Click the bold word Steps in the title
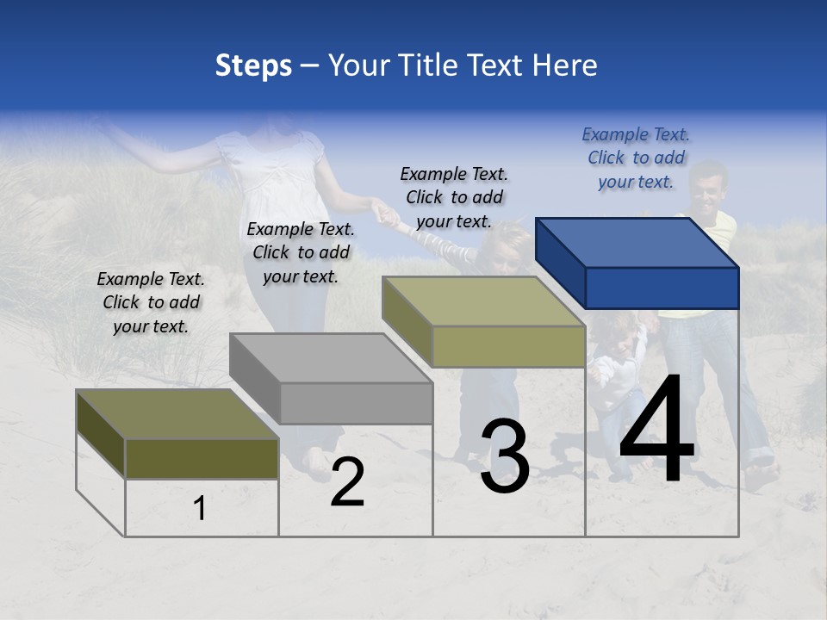coord(253,66)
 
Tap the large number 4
coord(656,431)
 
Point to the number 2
coord(347,481)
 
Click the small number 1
coord(200,509)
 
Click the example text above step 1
coord(151,302)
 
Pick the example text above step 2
coord(301,252)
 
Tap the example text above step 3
coord(454,197)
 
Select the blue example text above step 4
coord(636,158)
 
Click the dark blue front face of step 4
coord(662,288)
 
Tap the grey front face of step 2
coord(357,403)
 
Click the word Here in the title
coord(565,65)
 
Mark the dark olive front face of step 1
coord(202,458)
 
